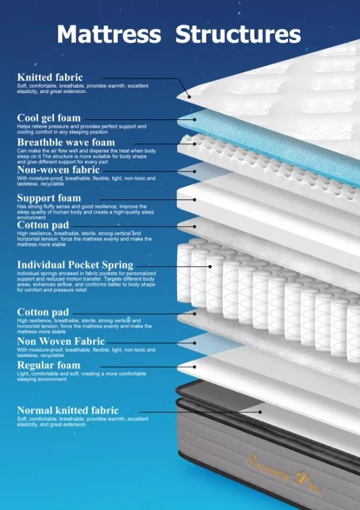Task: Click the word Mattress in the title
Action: (x=109, y=34)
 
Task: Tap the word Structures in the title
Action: (x=238, y=34)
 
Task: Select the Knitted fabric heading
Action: (x=50, y=77)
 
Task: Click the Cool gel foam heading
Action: (x=49, y=118)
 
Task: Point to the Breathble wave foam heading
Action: (x=66, y=142)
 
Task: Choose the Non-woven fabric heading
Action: (x=58, y=170)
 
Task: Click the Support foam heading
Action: (x=49, y=198)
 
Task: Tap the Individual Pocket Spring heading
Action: (x=75, y=265)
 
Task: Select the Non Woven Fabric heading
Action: (x=61, y=341)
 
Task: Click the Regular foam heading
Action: (x=48, y=365)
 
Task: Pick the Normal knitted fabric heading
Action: (x=68, y=410)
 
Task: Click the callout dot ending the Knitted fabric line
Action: (x=189, y=96)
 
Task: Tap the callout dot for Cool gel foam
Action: (x=194, y=119)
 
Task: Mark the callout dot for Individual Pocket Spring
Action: (x=210, y=266)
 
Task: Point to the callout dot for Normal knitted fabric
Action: (x=260, y=412)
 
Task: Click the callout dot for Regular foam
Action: (x=194, y=367)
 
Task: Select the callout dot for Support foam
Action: (x=194, y=200)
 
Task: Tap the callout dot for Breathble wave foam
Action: (x=194, y=143)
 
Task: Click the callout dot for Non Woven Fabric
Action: (x=194, y=343)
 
